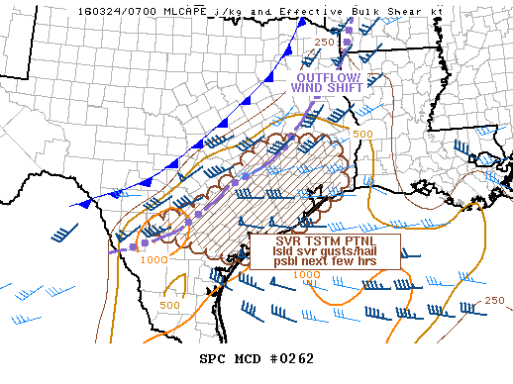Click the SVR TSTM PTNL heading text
tap(326, 240)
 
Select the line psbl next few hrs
tap(326, 265)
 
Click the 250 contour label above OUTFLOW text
tap(325, 42)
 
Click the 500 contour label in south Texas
tap(169, 305)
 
